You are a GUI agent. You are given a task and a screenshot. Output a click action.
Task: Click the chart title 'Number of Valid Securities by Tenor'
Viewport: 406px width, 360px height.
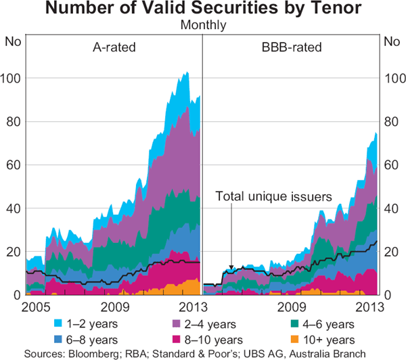point(203,10)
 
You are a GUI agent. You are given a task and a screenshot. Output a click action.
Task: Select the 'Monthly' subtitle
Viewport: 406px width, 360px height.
point(203,26)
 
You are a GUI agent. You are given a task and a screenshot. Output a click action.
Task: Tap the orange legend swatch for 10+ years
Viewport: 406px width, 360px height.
point(299,339)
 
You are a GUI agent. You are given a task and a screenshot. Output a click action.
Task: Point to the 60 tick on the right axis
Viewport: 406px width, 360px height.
point(392,165)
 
